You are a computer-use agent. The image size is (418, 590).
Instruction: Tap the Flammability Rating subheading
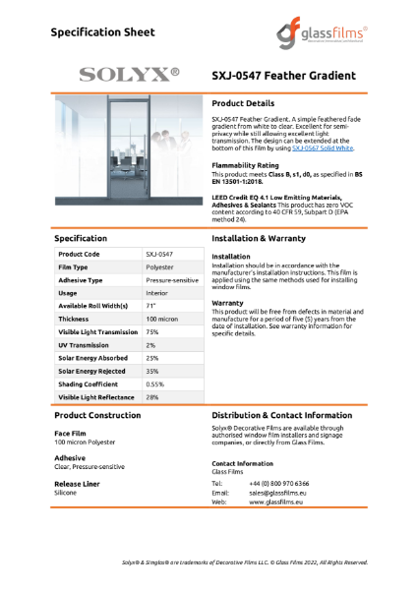click(x=247, y=164)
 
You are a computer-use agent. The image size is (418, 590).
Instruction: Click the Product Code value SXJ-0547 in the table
click(x=159, y=253)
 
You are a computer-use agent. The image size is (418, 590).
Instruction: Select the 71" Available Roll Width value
click(x=150, y=305)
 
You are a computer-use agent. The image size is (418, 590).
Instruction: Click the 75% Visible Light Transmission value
click(x=152, y=331)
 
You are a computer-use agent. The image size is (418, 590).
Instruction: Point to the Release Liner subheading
click(x=77, y=484)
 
